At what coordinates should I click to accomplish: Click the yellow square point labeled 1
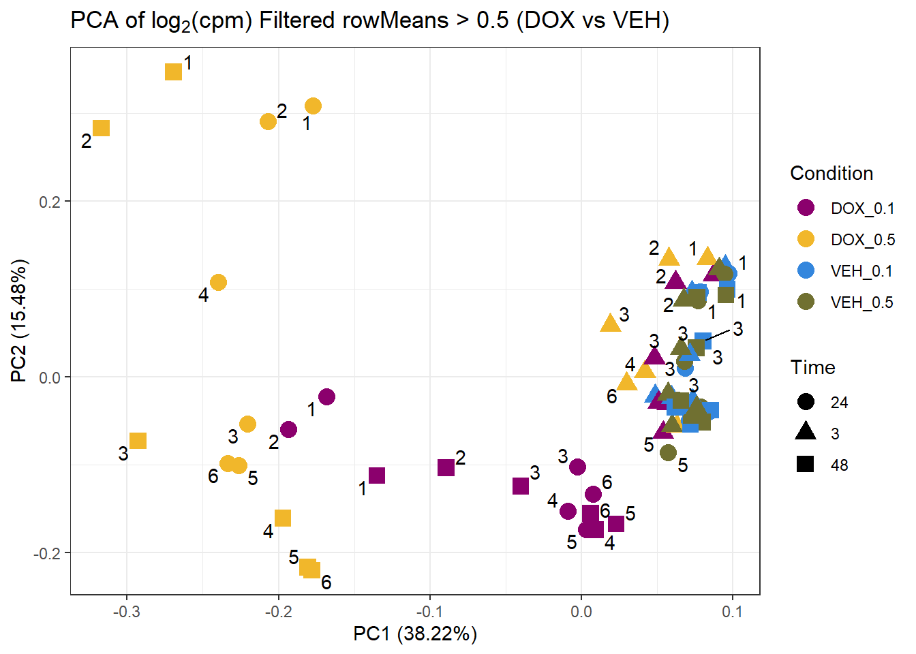(x=174, y=72)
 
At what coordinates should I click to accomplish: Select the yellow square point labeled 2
(x=101, y=128)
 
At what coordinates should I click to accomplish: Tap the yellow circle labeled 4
(x=218, y=282)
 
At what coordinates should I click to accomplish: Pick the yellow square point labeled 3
(x=138, y=441)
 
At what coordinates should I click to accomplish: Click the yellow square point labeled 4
(x=282, y=518)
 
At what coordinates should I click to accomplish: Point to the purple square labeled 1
(x=377, y=476)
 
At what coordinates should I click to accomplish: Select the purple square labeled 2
(x=446, y=467)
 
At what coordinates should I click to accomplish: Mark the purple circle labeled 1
(x=326, y=396)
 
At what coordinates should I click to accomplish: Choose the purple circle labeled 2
(x=288, y=429)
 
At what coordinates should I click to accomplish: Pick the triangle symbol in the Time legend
(x=806, y=432)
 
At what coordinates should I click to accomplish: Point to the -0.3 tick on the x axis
(x=126, y=611)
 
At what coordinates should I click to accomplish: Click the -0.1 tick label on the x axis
(x=429, y=611)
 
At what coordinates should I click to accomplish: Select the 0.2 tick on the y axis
(x=50, y=202)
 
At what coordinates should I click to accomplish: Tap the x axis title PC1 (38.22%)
(x=414, y=634)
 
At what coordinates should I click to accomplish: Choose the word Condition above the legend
(x=831, y=174)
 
